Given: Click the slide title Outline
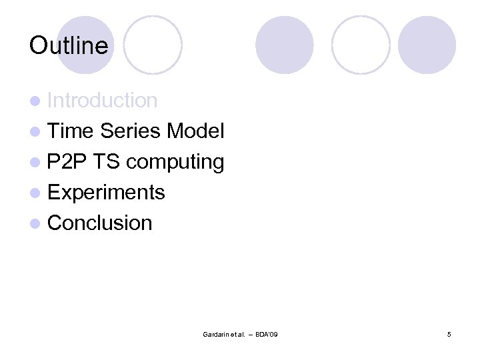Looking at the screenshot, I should (x=69, y=45).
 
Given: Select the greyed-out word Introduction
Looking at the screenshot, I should (x=103, y=101).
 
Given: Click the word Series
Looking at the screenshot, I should (x=130, y=131).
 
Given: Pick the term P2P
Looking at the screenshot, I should (x=68, y=162).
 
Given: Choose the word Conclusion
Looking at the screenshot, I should (x=100, y=223).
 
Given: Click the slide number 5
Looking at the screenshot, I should (x=449, y=333).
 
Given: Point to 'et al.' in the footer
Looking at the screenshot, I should (x=238, y=333).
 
